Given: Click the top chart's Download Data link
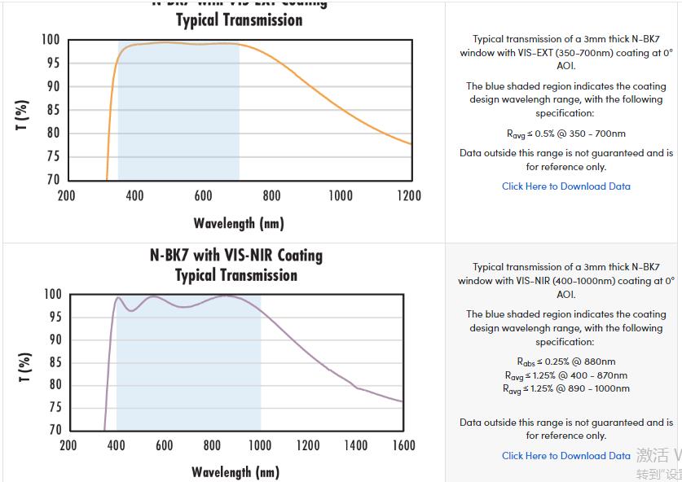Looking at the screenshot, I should point(565,186).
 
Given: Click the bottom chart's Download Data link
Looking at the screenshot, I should point(565,456).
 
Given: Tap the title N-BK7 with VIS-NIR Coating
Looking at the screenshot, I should point(236,256).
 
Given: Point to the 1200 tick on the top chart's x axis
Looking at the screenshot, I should point(409,195).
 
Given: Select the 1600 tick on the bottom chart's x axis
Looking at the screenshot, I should point(403,445).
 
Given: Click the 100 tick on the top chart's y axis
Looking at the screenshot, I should point(51,40).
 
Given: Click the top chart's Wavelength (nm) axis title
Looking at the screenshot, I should point(239,222).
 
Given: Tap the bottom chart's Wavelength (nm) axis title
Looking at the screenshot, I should point(235,472).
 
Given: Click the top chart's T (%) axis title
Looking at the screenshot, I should point(22,115).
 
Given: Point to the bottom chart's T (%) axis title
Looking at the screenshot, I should point(24,368).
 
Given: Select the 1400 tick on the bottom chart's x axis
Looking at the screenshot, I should point(355,445).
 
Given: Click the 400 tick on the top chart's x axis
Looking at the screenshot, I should point(134,195).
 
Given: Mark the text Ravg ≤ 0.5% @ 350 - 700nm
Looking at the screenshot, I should point(566,134).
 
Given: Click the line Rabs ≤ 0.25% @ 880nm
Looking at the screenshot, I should point(566,361).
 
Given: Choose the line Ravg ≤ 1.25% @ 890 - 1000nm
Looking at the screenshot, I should point(566,389).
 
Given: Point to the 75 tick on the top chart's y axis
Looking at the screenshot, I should point(51,156).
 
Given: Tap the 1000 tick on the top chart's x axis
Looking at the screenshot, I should point(341,195).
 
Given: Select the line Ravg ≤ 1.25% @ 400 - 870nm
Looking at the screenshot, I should point(566,375).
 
